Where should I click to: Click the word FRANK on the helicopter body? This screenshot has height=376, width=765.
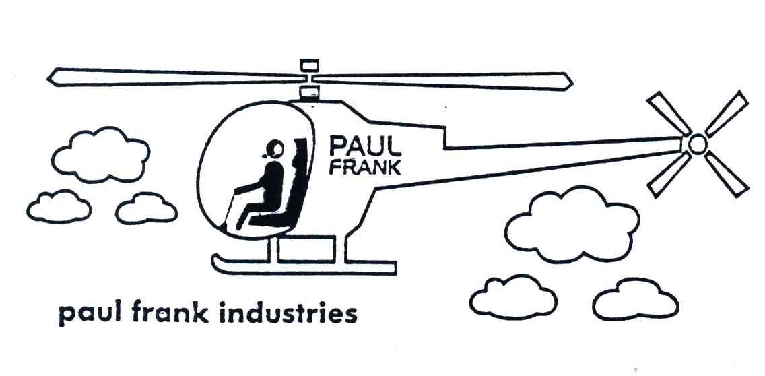coord(366,167)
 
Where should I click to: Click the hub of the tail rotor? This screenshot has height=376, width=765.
coord(697,144)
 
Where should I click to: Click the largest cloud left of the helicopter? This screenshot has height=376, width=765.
coord(101,156)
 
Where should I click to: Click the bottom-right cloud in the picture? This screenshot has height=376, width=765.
coord(635,299)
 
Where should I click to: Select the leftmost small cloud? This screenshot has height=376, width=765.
coord(59,207)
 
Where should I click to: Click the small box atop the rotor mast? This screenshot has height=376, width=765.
coord(309,65)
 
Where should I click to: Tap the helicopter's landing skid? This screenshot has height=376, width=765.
coord(303,264)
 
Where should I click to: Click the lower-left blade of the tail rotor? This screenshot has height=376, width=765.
coord(667,174)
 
